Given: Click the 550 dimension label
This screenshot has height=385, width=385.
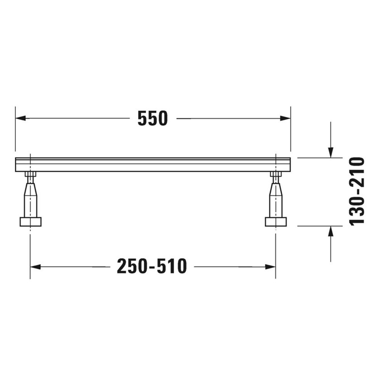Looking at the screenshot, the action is pyautogui.click(x=153, y=118).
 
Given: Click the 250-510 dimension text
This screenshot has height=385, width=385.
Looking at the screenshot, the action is pyautogui.click(x=152, y=266).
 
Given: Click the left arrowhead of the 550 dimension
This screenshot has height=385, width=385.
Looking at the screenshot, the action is pyautogui.click(x=21, y=118).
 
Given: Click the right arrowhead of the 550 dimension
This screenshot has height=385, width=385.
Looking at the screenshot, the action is pyautogui.click(x=285, y=118).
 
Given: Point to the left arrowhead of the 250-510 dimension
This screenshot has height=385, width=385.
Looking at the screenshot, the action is pyautogui.click(x=35, y=267).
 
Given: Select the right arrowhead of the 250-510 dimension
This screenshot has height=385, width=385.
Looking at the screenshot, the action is pyautogui.click(x=270, y=267).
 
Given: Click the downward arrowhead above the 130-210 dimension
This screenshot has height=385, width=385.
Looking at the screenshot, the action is pyautogui.click(x=331, y=152).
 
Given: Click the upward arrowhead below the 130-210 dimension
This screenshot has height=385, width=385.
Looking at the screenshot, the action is pyautogui.click(x=331, y=231).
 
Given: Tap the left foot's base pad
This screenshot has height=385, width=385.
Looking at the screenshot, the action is pyautogui.click(x=30, y=222).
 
